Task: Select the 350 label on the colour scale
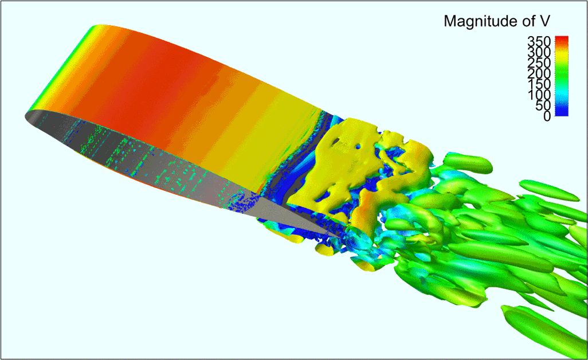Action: (x=539, y=41)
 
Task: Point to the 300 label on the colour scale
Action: (x=539, y=52)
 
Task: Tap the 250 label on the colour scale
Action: (x=539, y=62)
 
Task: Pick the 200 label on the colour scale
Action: (x=539, y=73)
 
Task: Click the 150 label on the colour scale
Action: (x=539, y=84)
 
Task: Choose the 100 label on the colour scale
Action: (x=539, y=95)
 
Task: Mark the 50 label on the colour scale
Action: (x=543, y=105)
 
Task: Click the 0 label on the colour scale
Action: (x=547, y=116)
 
